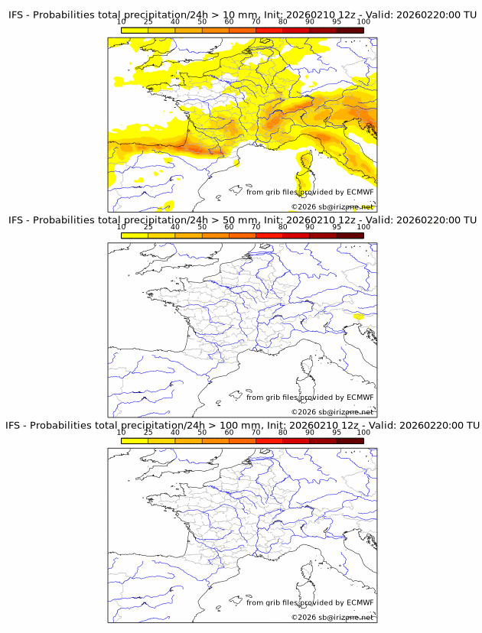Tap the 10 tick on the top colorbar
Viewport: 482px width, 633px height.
(x=122, y=23)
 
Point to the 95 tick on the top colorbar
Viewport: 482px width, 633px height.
(x=337, y=23)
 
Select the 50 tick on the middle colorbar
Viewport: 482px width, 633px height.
(x=202, y=228)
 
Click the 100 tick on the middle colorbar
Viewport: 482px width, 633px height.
(x=363, y=228)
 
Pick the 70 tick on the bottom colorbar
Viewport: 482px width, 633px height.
(x=256, y=433)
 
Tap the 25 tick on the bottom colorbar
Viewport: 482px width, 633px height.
(x=148, y=433)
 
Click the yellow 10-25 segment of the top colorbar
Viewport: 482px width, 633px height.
(x=135, y=31)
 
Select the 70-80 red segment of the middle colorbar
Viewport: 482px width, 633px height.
(x=269, y=235)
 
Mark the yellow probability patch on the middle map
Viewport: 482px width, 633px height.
(x=357, y=315)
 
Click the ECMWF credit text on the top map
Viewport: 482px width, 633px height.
(x=310, y=192)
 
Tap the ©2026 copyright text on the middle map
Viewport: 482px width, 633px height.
(x=332, y=412)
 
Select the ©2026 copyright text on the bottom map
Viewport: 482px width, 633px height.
(x=332, y=617)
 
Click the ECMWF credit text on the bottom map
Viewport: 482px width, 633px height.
(x=310, y=602)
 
